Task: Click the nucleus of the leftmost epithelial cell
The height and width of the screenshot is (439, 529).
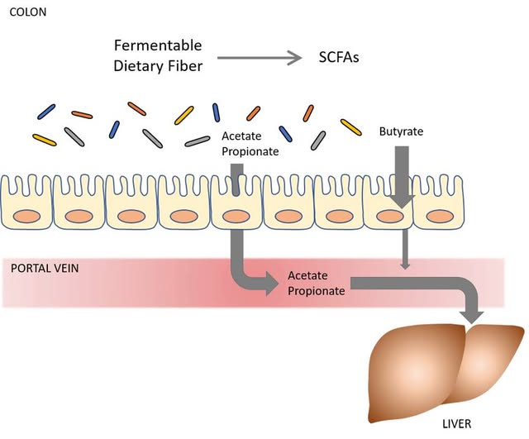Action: [27, 217]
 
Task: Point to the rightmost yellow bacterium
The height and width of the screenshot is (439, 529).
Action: [350, 126]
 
